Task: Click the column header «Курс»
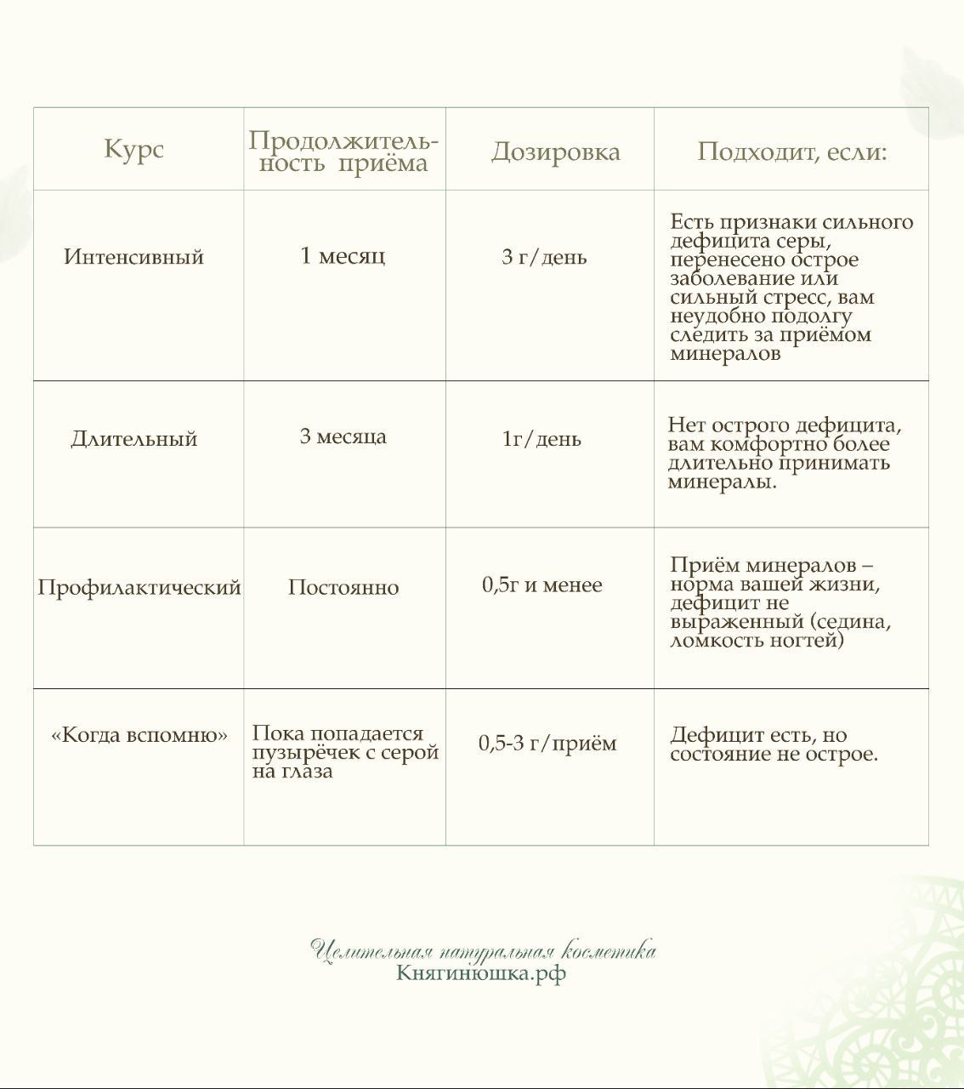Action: (x=133, y=150)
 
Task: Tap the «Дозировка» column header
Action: (x=555, y=152)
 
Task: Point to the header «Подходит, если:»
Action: (x=791, y=152)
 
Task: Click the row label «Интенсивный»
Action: (x=134, y=257)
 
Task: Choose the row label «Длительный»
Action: (x=134, y=439)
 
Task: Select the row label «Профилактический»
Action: (x=139, y=588)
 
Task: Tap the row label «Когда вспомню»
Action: (x=139, y=735)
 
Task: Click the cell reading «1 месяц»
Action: (x=343, y=255)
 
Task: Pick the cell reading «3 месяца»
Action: (x=343, y=437)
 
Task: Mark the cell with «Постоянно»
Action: (x=343, y=588)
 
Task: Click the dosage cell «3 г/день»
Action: (x=544, y=257)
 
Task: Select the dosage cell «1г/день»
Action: (x=542, y=439)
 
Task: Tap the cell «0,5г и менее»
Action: (x=542, y=585)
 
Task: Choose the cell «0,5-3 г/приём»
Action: (x=547, y=744)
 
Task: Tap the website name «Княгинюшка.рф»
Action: (x=481, y=972)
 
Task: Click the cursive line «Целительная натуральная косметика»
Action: (x=482, y=950)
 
